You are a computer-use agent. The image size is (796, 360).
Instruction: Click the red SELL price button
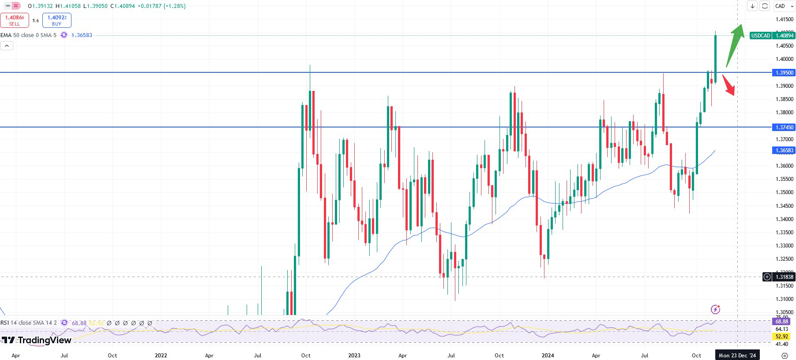15,20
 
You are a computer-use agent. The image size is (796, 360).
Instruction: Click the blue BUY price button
57,20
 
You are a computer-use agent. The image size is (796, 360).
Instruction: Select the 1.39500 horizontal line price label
784,73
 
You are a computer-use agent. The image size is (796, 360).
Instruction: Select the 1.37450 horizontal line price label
784,127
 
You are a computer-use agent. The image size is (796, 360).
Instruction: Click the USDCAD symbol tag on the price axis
761,36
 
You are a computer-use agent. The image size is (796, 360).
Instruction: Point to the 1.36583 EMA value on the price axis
784,150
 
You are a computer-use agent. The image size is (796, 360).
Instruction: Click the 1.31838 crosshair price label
784,277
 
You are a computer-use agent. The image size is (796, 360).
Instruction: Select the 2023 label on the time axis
354,355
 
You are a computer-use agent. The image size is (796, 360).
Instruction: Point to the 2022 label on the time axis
161,355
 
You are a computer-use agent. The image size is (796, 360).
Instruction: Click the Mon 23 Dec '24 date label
737,355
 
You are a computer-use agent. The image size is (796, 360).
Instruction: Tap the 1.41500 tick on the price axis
784,19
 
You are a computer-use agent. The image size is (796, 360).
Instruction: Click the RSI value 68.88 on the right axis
781,322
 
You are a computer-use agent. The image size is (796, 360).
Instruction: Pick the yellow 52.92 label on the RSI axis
781,337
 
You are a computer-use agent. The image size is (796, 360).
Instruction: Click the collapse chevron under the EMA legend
7,45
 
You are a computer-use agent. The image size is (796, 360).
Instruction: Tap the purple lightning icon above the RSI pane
715,309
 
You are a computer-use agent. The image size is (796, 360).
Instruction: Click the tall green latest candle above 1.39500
715,55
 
